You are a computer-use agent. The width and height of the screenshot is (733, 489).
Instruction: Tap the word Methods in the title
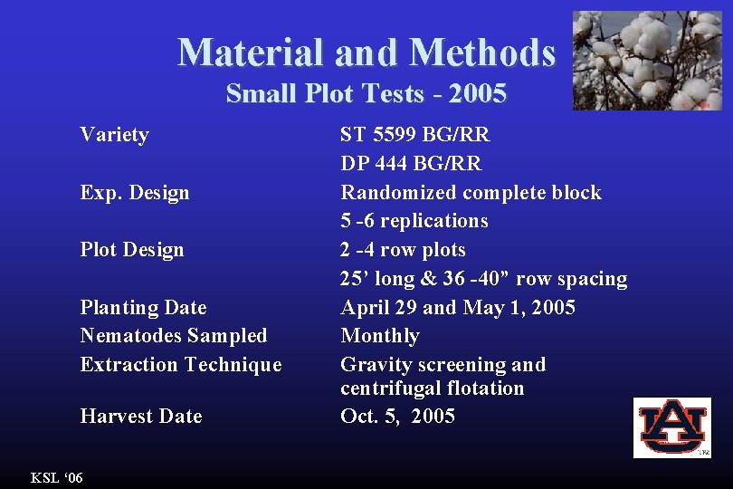coord(482,52)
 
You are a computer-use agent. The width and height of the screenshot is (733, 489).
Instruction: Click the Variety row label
coord(114,135)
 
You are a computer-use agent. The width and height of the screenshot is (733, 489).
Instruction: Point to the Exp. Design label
coord(135,192)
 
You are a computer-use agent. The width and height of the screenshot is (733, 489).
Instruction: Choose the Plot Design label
coord(132,249)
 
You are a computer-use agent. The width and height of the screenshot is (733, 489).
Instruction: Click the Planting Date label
coord(143,307)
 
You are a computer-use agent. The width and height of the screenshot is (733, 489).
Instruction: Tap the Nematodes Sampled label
coord(174,335)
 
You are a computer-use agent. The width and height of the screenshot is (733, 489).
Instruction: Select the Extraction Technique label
coord(181,364)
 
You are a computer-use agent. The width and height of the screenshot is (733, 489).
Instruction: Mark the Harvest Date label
coord(141,416)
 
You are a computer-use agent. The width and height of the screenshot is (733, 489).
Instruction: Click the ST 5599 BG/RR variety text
coord(414,135)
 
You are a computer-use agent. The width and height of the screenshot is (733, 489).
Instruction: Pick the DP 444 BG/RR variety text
coord(411,163)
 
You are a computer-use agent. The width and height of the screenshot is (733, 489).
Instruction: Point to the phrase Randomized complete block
coord(471,192)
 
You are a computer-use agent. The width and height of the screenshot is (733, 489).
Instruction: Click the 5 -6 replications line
coord(414,220)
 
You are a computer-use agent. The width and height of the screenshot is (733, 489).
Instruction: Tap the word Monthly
coord(380,335)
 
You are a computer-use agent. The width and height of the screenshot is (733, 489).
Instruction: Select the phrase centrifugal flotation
coord(432,388)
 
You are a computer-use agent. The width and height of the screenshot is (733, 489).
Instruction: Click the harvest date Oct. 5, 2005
coord(397,416)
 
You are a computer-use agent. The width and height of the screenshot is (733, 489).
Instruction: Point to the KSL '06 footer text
coord(56,477)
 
